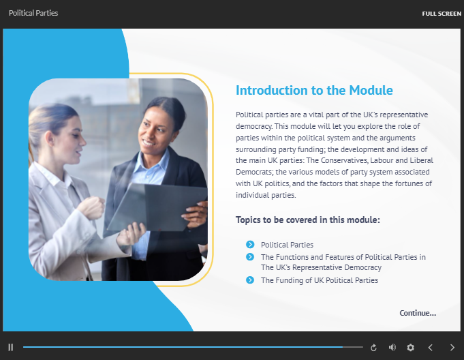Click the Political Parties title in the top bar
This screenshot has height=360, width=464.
[33, 13]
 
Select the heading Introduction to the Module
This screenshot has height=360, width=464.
[314, 91]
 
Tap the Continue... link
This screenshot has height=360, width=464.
[418, 313]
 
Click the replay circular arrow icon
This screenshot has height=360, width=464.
[373, 348]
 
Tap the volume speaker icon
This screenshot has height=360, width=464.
[392, 348]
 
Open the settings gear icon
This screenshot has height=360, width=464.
[410, 348]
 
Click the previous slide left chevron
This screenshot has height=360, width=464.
[430, 348]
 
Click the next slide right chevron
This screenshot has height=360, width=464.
[452, 348]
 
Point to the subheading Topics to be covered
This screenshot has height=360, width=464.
[307, 220]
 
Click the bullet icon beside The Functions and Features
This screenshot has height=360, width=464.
[250, 257]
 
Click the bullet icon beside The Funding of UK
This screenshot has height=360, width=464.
[250, 280]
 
